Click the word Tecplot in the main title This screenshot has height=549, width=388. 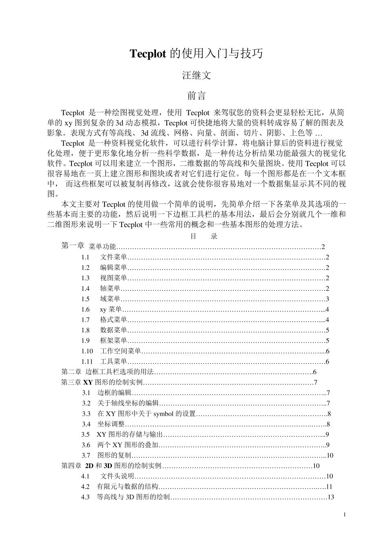[x=148, y=54]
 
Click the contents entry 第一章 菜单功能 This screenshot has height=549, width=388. [x=89, y=246]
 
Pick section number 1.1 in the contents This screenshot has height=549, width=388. [x=85, y=257]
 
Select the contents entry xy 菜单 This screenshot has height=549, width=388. [x=110, y=309]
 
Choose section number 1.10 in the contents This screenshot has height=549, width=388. [x=87, y=351]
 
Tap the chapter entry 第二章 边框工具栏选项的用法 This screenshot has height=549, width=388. [x=107, y=372]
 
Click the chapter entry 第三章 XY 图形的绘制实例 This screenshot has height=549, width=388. [x=102, y=382]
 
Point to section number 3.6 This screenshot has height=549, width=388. [x=85, y=445]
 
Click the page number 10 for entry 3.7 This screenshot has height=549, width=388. [x=330, y=455]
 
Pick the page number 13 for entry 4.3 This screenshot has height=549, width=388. [x=331, y=497]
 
